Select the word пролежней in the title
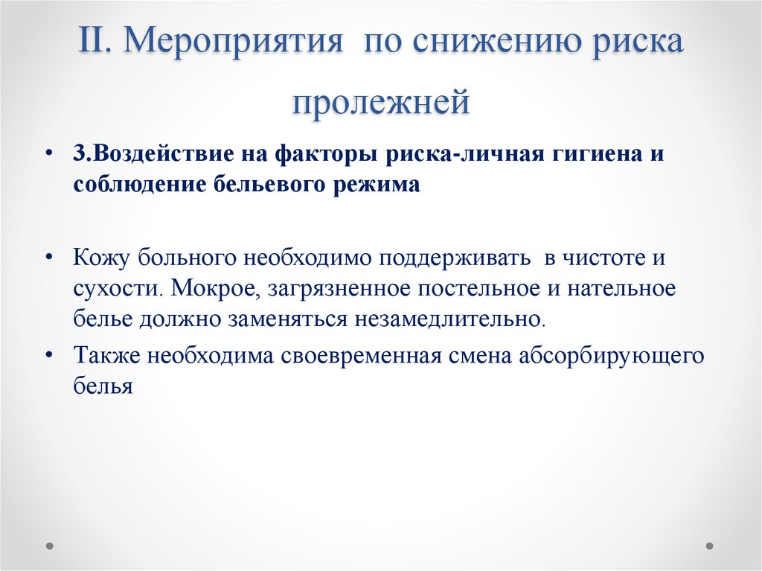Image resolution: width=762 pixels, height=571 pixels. [x=380, y=101]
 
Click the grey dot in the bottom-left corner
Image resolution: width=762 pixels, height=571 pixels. [x=51, y=545]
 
